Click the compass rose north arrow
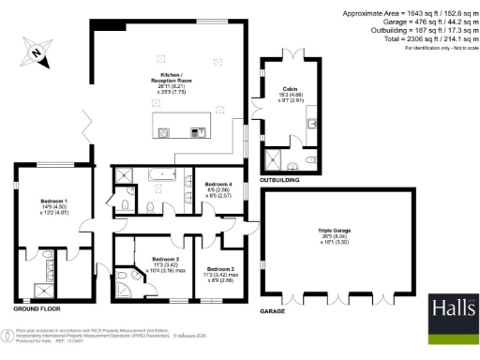click(35, 54)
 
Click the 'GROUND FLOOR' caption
click(37, 308)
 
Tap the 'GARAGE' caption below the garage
click(273, 309)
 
